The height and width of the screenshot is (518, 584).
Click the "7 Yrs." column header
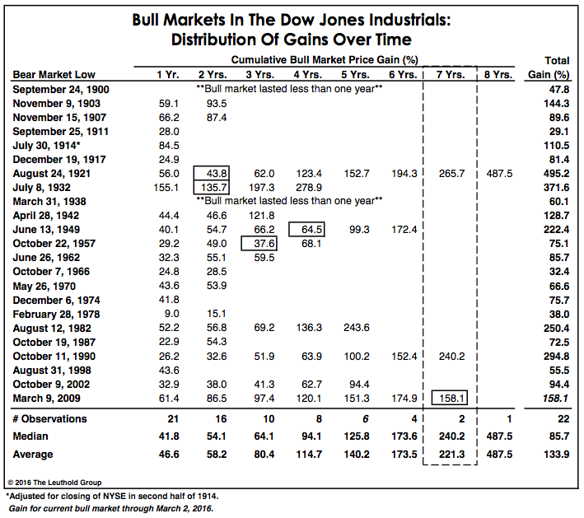[x=451, y=75]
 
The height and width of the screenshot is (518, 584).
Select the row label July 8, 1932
[x=42, y=187]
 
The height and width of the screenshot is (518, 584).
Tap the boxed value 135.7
[x=211, y=187]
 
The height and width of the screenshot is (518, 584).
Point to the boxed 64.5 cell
[x=306, y=230]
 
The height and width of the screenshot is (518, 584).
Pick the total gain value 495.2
[x=556, y=174]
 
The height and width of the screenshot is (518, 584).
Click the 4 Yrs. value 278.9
[x=309, y=187]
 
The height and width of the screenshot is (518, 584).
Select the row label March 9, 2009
[x=47, y=398]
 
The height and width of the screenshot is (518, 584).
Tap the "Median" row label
[x=30, y=436]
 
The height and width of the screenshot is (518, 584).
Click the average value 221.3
[x=451, y=455]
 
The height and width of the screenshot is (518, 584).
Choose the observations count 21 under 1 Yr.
[x=173, y=419]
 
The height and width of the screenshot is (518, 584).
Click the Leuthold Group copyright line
[x=54, y=483]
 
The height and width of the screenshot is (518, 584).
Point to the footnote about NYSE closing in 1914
[x=112, y=496]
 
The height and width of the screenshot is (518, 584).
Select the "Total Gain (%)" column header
[x=549, y=68]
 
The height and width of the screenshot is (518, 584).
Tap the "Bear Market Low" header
[x=54, y=74]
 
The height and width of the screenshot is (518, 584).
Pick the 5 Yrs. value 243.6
[x=357, y=328]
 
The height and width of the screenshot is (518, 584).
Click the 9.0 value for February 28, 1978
[x=171, y=314]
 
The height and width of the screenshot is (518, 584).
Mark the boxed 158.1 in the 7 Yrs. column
[x=449, y=398]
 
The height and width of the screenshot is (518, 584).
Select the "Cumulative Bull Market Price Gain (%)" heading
[x=325, y=59]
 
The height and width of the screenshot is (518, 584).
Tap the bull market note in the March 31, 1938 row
[x=289, y=201]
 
